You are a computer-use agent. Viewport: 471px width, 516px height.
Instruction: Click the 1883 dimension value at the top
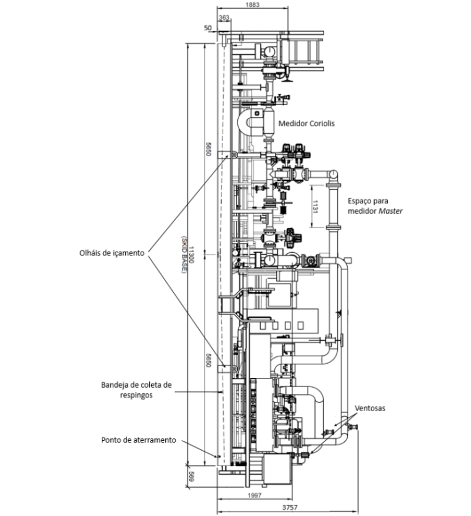point(252,4)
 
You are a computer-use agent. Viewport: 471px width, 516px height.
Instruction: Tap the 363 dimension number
point(224,17)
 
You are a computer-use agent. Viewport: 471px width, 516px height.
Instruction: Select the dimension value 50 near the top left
point(208,28)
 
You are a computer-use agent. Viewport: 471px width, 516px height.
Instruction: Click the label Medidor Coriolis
point(306,123)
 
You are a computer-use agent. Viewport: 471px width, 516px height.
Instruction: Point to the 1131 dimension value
point(314,207)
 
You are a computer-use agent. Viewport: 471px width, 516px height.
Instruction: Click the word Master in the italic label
point(390,211)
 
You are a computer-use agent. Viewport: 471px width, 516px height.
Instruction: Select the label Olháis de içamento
point(112,253)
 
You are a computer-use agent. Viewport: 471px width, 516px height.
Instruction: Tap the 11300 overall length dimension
point(191,255)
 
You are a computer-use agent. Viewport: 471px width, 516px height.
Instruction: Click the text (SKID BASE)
point(184,255)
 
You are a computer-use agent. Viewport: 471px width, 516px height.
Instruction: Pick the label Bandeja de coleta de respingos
point(136,390)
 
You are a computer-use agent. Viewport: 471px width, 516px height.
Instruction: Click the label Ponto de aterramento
point(139,440)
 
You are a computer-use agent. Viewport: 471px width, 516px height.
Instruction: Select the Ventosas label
point(370,408)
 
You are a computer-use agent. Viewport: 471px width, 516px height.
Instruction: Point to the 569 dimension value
point(191,477)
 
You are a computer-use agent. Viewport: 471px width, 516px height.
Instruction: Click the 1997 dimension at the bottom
point(254,495)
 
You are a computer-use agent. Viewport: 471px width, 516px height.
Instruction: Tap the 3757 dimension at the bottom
point(290,508)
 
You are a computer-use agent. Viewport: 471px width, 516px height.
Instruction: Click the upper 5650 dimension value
point(208,149)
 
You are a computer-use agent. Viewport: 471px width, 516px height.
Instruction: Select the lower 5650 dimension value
point(208,361)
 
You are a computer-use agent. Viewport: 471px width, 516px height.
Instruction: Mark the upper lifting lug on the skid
point(234,155)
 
